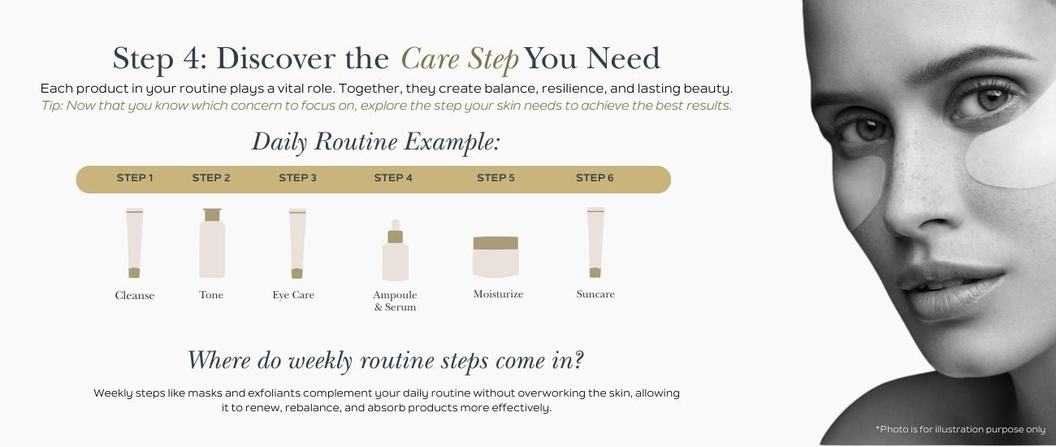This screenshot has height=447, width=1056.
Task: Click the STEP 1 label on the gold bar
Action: pyautogui.click(x=135, y=178)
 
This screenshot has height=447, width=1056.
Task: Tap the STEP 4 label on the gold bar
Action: pyautogui.click(x=393, y=178)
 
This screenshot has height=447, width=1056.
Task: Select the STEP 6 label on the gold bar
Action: pyautogui.click(x=595, y=178)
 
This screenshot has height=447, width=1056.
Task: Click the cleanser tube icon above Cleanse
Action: pyautogui.click(x=134, y=243)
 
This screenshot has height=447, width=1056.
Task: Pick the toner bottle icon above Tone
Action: pyautogui.click(x=212, y=243)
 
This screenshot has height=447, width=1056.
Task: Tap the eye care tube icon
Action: pyautogui.click(x=297, y=244)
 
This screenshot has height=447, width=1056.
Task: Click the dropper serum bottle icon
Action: pyautogui.click(x=395, y=250)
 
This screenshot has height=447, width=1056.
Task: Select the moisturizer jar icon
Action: pyautogui.click(x=496, y=257)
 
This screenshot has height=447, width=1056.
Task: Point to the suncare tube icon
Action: pyautogui.click(x=595, y=243)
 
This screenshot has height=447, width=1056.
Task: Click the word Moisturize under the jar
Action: pyautogui.click(x=498, y=294)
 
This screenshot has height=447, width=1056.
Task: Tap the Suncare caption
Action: pyautogui.click(x=595, y=294)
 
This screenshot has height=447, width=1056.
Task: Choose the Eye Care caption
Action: pyautogui.click(x=293, y=295)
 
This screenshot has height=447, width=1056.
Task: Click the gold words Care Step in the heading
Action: pyautogui.click(x=460, y=59)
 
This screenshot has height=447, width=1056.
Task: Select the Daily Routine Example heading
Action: pyautogui.click(x=376, y=141)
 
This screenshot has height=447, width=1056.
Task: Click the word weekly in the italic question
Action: pyautogui.click(x=321, y=361)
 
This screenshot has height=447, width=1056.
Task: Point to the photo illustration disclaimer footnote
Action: pyautogui.click(x=960, y=430)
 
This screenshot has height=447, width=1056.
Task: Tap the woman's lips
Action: pyautogui.click(x=952, y=290)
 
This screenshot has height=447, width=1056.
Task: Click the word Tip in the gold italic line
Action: pyautogui.click(x=51, y=106)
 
